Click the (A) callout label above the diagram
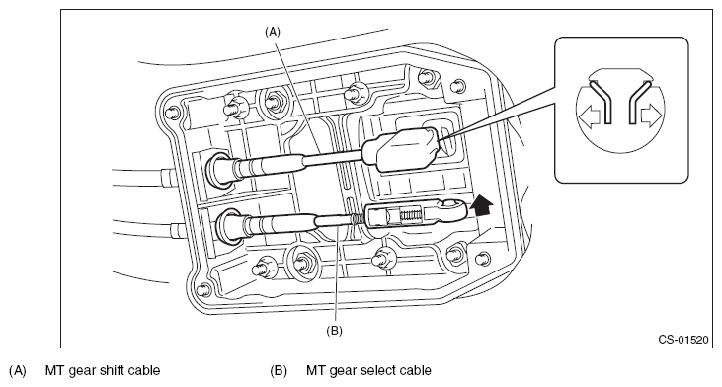[x=273, y=32]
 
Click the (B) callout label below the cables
[x=334, y=331]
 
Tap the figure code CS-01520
[x=682, y=340]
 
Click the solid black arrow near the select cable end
[x=482, y=204]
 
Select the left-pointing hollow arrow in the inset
[x=590, y=116]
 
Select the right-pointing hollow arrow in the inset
[x=651, y=116]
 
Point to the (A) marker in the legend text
[x=18, y=370]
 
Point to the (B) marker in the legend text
[x=279, y=370]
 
